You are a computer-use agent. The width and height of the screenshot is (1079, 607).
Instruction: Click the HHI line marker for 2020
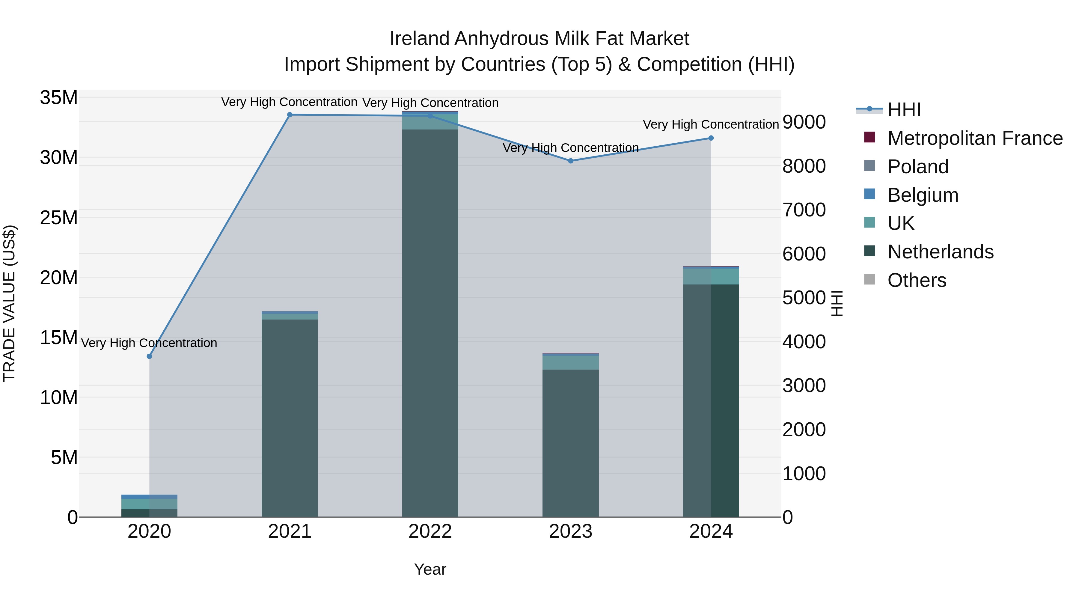(x=149, y=356)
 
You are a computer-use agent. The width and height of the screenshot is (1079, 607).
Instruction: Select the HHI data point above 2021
(x=290, y=115)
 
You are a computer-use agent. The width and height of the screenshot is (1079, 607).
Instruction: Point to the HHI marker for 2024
(x=711, y=138)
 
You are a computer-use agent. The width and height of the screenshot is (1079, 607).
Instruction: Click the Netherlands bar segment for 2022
(x=430, y=323)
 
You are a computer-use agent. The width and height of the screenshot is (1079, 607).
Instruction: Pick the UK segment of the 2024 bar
(x=711, y=276)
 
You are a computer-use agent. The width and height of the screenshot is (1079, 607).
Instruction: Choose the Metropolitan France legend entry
(x=975, y=138)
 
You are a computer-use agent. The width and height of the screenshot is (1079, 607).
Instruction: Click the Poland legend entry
(x=918, y=167)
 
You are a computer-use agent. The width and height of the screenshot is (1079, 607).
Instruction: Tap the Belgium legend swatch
(x=869, y=194)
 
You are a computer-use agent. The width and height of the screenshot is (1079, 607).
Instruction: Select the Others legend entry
(x=917, y=280)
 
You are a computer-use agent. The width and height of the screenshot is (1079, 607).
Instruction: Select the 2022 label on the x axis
(x=430, y=531)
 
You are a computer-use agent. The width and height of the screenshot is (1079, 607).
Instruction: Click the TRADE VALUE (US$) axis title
(x=9, y=303)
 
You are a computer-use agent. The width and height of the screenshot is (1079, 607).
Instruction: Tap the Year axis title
(x=430, y=569)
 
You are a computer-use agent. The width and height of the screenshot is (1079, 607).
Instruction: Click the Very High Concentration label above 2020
(x=149, y=343)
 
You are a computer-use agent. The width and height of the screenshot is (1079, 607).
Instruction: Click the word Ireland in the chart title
(x=420, y=39)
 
